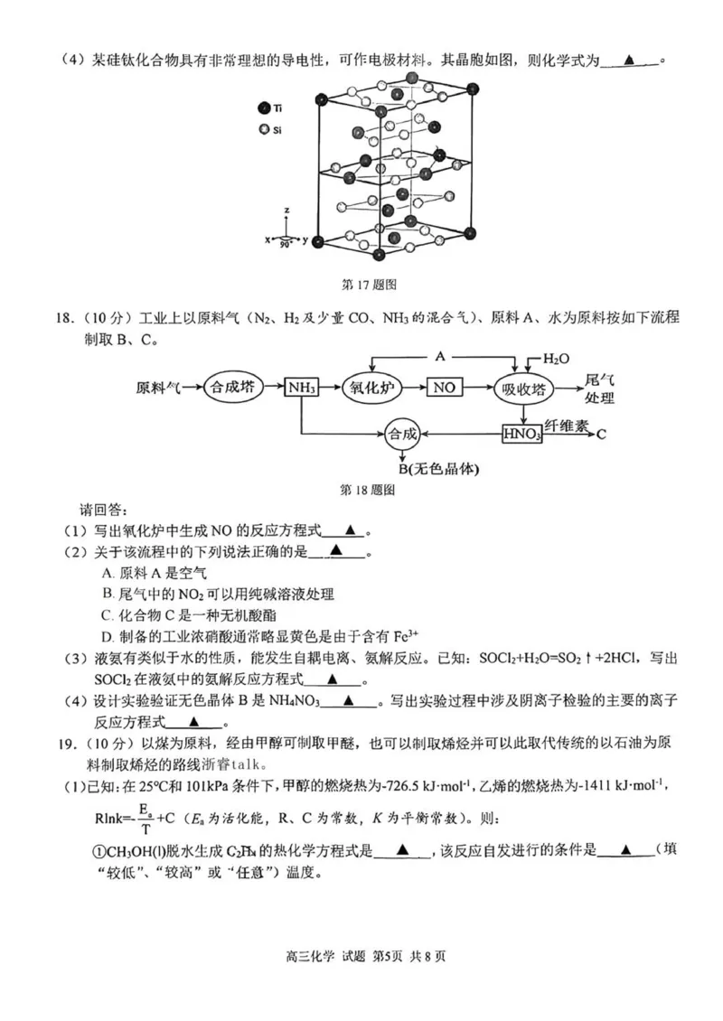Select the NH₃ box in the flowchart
(302, 388)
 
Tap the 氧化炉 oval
(373, 388)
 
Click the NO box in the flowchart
(443, 388)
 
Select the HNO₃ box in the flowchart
(521, 434)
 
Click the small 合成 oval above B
(403, 434)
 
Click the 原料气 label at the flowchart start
(158, 388)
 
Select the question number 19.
(62, 744)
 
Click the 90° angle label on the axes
(286, 245)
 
